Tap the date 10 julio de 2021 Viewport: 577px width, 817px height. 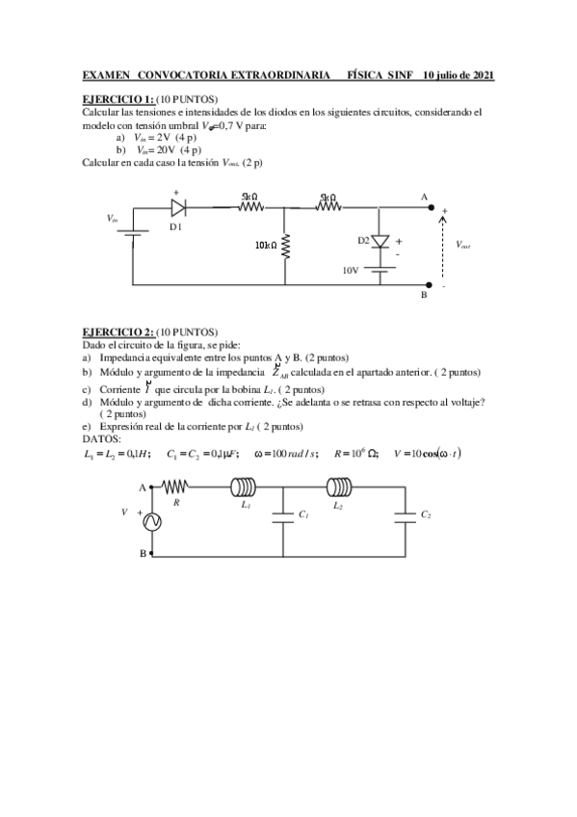452,75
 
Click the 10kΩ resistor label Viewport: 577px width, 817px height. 266,246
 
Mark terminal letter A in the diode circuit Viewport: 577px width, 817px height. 422,197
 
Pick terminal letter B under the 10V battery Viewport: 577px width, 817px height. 422,297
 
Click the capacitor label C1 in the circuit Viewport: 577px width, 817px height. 302,515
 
